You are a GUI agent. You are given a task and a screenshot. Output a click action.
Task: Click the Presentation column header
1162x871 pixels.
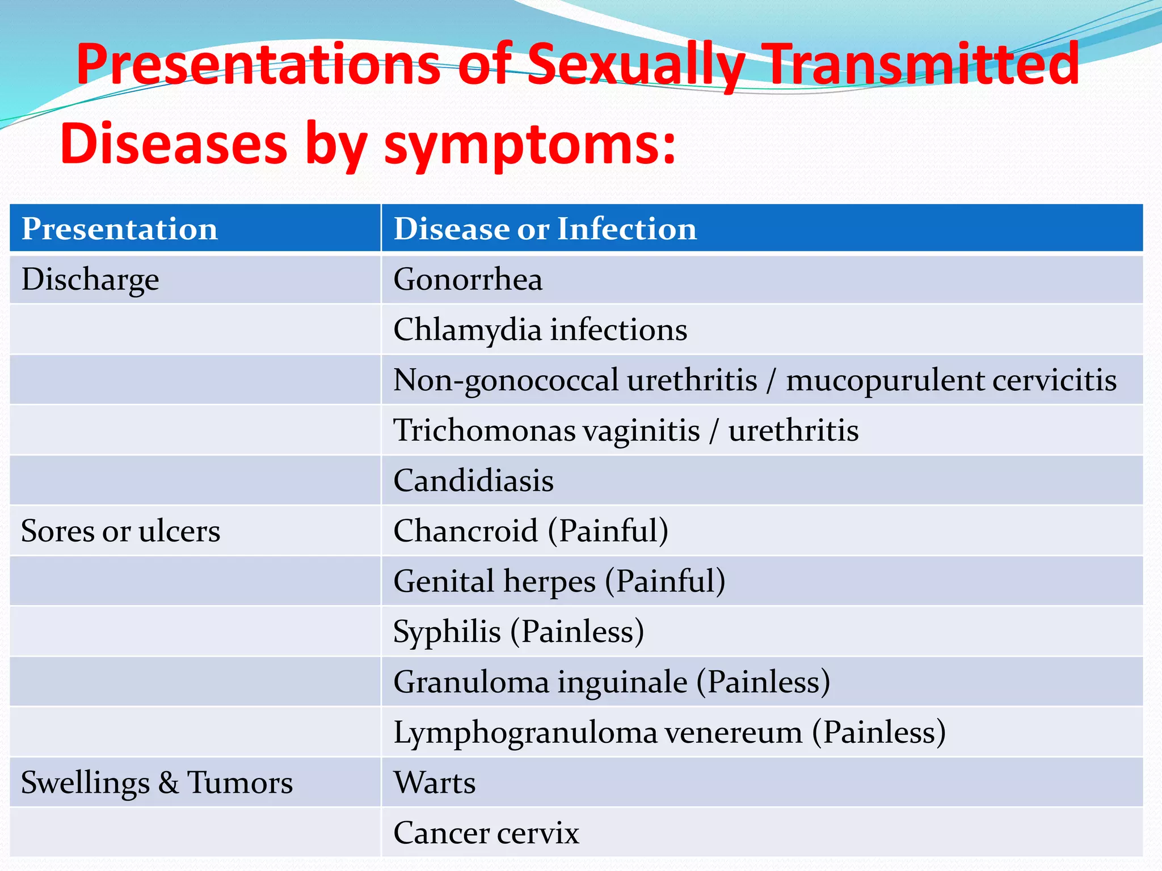(x=119, y=229)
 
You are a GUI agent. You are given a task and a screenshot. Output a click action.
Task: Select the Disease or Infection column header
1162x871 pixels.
(x=545, y=229)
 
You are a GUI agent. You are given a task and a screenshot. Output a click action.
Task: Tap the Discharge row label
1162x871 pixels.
(x=90, y=280)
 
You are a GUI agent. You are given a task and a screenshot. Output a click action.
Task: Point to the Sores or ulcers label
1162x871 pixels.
(x=120, y=531)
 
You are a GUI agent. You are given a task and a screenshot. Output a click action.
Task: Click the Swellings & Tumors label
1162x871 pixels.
(x=157, y=783)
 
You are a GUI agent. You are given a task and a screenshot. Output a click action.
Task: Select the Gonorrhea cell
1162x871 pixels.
(x=468, y=280)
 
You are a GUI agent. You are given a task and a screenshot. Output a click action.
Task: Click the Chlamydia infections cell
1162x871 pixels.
(x=540, y=330)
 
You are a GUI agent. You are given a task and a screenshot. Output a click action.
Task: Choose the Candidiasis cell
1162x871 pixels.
(x=473, y=481)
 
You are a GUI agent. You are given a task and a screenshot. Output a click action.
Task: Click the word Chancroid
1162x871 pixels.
(x=465, y=531)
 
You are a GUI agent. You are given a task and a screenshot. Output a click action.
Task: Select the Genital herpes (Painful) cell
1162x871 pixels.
(x=559, y=582)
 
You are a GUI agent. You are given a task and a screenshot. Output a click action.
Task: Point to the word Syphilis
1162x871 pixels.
(x=447, y=632)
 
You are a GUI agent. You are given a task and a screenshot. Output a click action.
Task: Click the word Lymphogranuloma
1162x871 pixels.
(x=525, y=733)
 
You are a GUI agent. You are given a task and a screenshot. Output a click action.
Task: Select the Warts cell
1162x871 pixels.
(x=435, y=783)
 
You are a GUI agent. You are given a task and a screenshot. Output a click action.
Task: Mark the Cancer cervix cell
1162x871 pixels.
(x=486, y=834)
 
